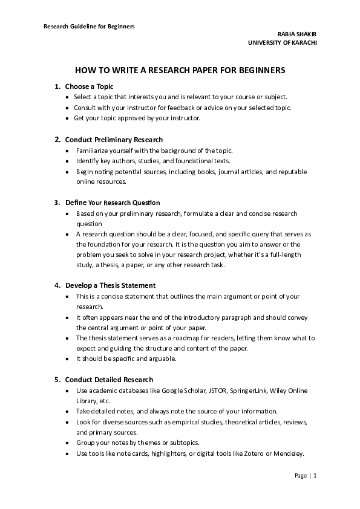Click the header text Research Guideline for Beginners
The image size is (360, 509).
(x=89, y=27)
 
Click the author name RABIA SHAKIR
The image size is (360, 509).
(x=296, y=34)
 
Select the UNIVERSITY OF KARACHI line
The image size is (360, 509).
(x=282, y=43)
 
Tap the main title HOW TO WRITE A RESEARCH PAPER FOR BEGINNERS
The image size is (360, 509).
(x=180, y=70)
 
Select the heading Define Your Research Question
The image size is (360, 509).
(x=113, y=203)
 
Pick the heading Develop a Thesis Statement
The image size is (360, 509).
(x=110, y=285)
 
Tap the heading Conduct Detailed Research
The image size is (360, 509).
(x=109, y=380)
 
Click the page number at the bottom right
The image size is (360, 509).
(x=306, y=476)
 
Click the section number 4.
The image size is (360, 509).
(x=57, y=285)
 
